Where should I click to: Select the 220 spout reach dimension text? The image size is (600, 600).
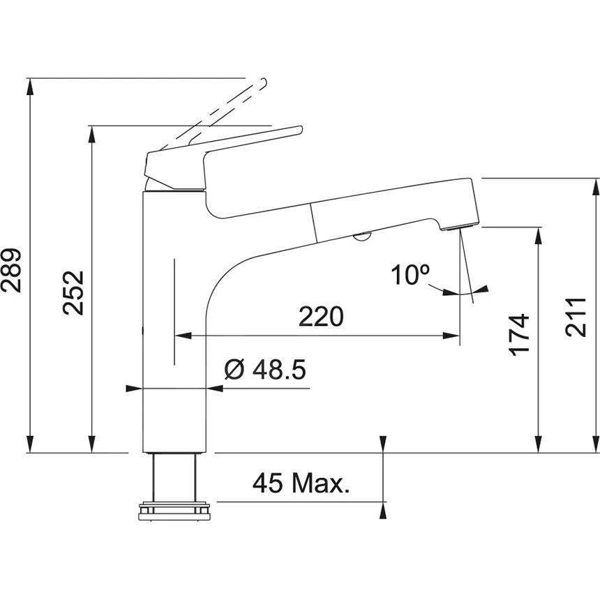[321, 316]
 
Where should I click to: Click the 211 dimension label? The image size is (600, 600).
[577, 317]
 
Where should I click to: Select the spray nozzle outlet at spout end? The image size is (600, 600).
[458, 227]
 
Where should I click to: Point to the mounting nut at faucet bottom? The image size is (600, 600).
[175, 511]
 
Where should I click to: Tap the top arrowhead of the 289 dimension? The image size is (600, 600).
[30, 85]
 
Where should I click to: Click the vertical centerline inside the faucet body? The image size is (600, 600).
[174, 310]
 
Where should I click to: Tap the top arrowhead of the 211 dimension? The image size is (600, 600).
[595, 185]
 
